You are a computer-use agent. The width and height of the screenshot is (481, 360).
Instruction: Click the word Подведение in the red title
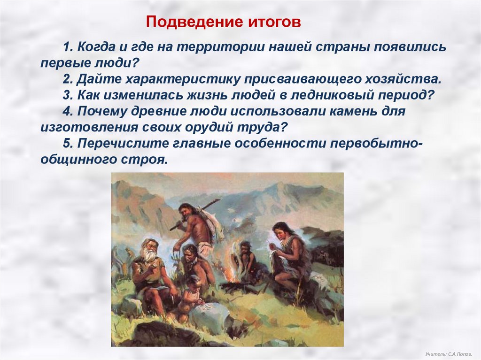193,22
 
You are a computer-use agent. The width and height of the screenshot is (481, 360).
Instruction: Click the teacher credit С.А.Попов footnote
449,354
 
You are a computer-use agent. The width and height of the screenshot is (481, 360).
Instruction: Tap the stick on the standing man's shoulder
195,215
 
